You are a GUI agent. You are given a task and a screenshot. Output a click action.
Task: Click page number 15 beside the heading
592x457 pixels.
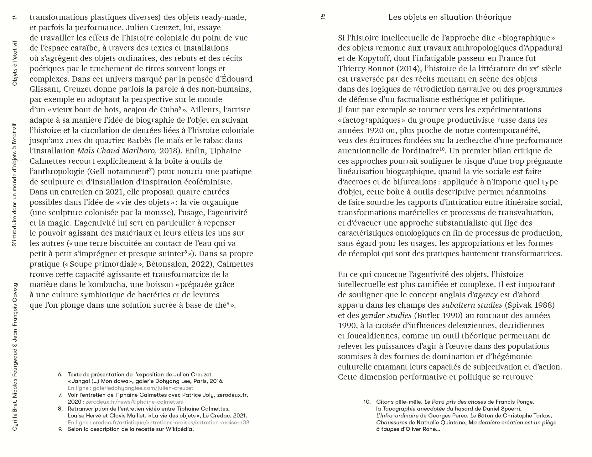pyautogui.click(x=323, y=17)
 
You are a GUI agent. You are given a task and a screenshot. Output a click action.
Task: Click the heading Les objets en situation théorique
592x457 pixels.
pyautogui.click(x=450, y=17)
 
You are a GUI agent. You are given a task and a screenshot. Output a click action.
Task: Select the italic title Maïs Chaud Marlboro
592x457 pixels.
pyautogui.click(x=117, y=151)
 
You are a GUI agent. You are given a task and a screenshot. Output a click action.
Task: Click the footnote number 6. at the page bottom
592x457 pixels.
pyautogui.click(x=60, y=375)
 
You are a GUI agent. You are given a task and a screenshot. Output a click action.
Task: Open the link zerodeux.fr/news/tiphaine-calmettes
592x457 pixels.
pyautogui.click(x=134, y=402)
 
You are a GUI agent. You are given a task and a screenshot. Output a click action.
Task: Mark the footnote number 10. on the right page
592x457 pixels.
pyautogui.click(x=367, y=402)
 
